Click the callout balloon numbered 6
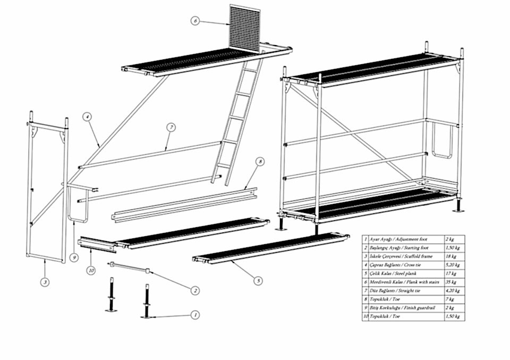click(195, 21)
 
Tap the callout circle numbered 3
click(45, 282)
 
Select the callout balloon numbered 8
click(259, 161)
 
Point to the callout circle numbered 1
click(195, 315)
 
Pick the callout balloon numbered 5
click(258, 280)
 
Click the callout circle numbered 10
click(91, 271)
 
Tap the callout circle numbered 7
click(171, 127)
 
